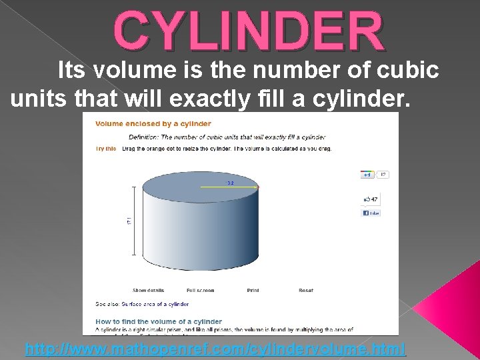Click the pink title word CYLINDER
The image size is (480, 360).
249,30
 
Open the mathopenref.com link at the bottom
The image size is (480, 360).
215,349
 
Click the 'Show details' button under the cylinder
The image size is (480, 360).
148,291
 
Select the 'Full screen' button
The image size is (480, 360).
200,291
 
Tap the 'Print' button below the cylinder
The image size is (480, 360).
253,291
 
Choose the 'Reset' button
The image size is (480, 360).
306,291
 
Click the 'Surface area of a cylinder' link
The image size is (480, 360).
155,304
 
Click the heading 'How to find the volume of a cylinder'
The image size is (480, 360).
158,321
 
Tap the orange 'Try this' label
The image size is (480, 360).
106,149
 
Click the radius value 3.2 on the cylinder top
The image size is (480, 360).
229,181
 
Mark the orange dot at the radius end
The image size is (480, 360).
257,187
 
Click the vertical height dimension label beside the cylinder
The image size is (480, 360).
129,221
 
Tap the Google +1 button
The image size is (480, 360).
367,175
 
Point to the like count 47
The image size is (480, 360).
374,199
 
